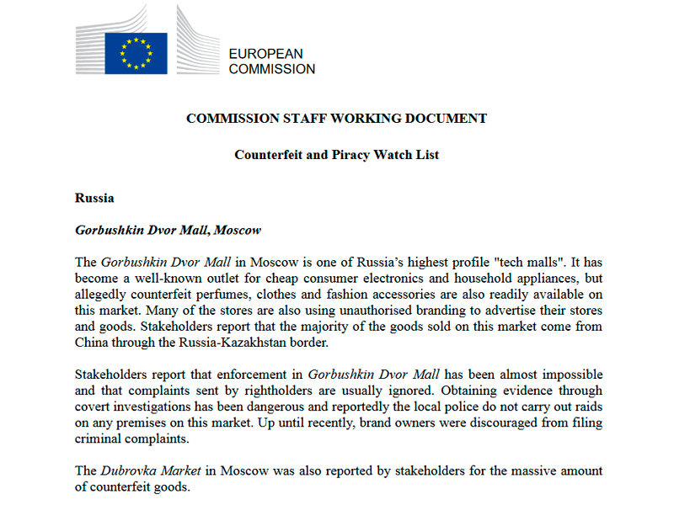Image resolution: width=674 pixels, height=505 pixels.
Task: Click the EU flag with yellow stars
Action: pos(136,53)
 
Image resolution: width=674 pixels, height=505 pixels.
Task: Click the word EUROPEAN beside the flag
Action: pos(265,54)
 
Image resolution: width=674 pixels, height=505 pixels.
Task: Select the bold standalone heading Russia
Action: pos(94,199)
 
